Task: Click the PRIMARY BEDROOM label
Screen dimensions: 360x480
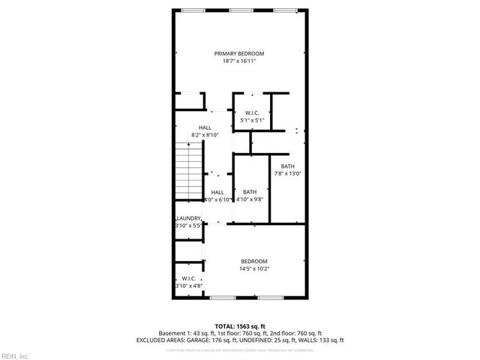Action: click(x=239, y=53)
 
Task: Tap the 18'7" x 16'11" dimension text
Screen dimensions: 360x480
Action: click(x=239, y=61)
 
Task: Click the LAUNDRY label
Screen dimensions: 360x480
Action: click(x=187, y=218)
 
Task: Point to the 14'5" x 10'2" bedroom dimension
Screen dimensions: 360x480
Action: click(x=253, y=268)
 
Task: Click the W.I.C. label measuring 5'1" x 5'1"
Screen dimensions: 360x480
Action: click(x=251, y=112)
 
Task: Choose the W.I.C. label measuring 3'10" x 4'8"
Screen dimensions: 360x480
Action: click(x=188, y=278)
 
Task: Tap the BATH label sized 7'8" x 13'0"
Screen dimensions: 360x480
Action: click(x=288, y=166)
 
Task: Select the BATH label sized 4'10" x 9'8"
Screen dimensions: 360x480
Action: click(x=250, y=192)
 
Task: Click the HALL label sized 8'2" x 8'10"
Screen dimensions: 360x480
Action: click(x=205, y=127)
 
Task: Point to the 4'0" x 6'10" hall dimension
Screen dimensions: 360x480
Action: click(x=217, y=199)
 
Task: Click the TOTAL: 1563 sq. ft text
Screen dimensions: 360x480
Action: click(x=239, y=325)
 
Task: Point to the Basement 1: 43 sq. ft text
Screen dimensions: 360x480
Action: click(x=184, y=332)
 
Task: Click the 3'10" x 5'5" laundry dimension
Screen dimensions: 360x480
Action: click(x=187, y=225)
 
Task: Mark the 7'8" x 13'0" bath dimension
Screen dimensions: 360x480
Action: click(x=288, y=174)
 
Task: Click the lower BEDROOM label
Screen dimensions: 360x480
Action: click(x=253, y=261)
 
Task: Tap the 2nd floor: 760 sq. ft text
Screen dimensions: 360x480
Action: click(x=295, y=332)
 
